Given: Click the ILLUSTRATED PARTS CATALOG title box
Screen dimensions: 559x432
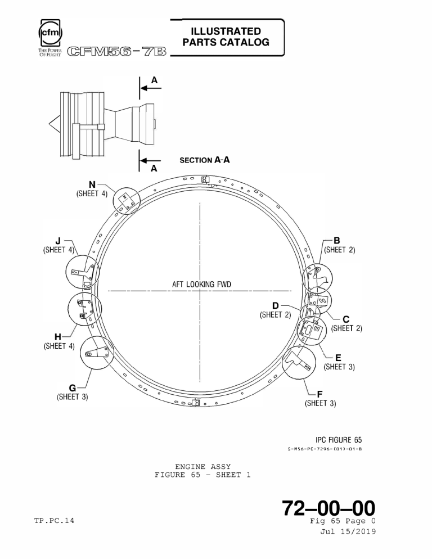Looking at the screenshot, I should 226,37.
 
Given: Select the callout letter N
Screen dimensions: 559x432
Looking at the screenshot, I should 92,184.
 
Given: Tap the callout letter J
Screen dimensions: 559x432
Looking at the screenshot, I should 58,241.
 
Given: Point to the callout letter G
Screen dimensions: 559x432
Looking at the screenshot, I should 72,387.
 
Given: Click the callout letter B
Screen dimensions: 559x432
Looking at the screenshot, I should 337,240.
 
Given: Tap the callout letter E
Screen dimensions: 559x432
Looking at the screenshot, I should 337,357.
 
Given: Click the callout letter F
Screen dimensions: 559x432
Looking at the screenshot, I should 319,394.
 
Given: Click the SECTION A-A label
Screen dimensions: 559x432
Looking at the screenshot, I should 204,160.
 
